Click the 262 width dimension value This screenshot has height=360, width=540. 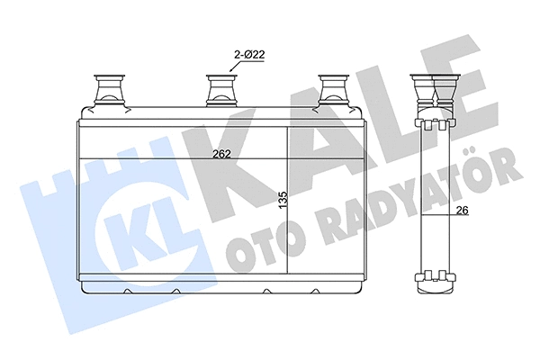(222, 153)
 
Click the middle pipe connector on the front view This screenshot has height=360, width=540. (220, 90)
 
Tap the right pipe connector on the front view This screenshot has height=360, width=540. (336, 90)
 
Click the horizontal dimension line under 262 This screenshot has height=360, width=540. (180, 159)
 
